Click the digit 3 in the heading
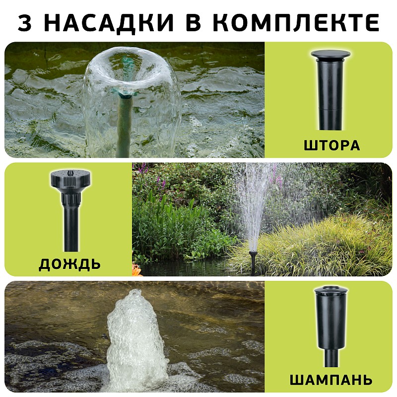click(24, 22)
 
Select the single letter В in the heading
click(193, 22)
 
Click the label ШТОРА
click(331, 145)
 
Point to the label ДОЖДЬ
click(69, 265)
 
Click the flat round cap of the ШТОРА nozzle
click(331, 54)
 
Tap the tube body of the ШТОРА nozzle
click(330, 94)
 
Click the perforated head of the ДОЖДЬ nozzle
click(71, 179)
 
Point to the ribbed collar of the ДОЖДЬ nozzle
click(71, 199)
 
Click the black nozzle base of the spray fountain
click(253, 262)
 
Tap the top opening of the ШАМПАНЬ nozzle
click(331, 288)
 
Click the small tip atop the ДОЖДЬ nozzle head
click(70, 172)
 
